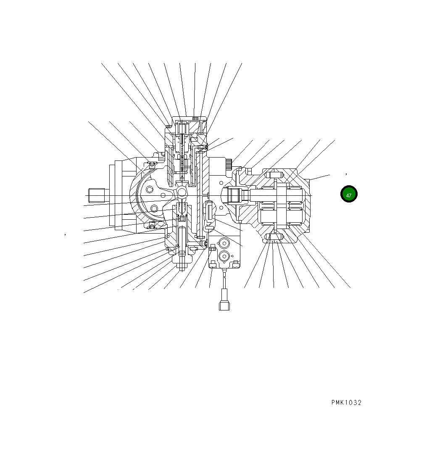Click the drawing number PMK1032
coord(346,402)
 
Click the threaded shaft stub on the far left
coord(96,195)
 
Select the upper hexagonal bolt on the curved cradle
coord(150,190)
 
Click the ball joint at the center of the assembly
coord(182,192)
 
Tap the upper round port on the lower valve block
coord(223,243)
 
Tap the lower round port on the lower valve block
coord(223,256)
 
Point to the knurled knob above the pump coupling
coord(229,164)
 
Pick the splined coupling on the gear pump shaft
coord(234,195)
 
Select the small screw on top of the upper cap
coord(195,118)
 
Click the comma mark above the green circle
coord(346,173)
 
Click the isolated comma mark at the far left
coord(66,234)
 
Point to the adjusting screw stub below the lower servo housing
coord(182,266)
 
